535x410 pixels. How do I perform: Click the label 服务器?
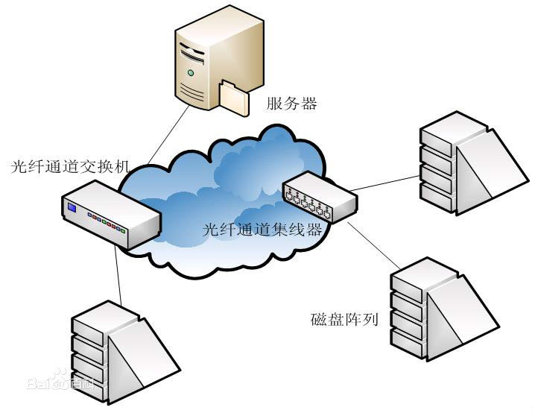292,104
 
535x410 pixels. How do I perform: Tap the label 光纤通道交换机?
65,165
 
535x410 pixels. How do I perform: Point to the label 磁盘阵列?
344,321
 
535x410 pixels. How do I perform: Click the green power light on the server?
192,73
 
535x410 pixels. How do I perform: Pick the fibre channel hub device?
320,195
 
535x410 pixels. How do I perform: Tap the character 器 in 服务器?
309,104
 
